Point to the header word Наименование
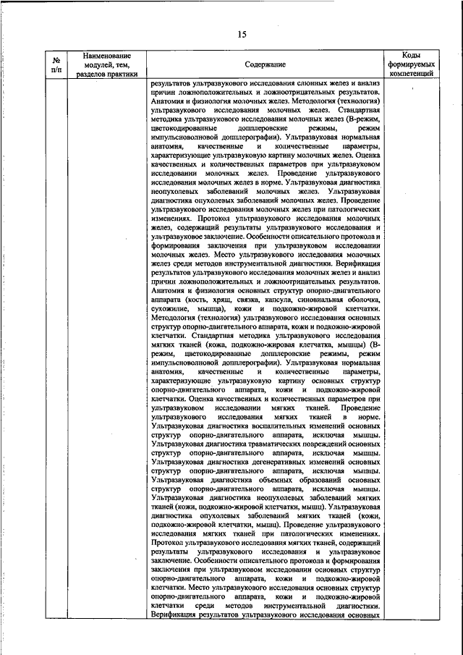(x=106, y=56)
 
